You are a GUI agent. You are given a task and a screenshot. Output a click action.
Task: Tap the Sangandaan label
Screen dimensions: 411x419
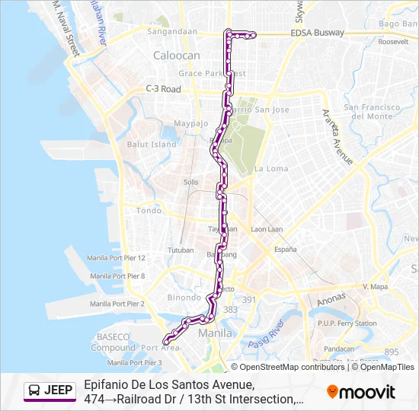[x=172, y=32]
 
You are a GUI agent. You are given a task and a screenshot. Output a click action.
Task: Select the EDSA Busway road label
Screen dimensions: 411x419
[x=317, y=33]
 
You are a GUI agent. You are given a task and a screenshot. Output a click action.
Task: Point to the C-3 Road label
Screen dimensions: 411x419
[x=164, y=89]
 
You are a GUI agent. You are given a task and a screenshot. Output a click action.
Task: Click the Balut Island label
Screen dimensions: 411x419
[x=152, y=144]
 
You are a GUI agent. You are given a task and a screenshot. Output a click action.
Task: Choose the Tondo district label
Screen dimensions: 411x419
[x=149, y=211]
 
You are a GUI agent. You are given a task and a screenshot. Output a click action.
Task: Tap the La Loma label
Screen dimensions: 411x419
[x=270, y=168]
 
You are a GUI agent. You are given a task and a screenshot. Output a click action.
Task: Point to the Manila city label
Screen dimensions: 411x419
[x=213, y=333]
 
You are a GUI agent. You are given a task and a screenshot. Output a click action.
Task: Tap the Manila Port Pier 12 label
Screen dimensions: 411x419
[x=116, y=258]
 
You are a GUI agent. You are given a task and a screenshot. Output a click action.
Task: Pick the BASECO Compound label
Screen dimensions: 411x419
[x=114, y=342]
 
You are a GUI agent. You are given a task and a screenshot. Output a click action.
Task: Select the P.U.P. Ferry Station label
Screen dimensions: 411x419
[x=347, y=323]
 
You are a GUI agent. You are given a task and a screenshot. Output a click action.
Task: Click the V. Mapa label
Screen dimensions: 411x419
[x=376, y=287]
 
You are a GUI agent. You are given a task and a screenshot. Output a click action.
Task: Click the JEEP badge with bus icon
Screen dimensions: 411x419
[x=51, y=391]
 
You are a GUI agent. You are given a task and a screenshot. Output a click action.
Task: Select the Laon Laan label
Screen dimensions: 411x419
[x=267, y=229]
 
